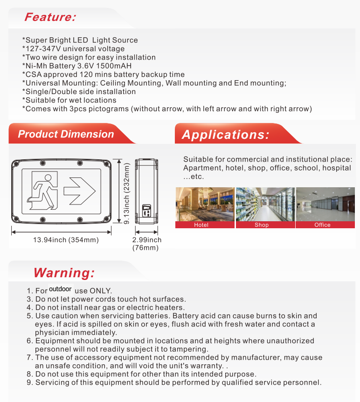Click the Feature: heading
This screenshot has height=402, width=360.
[x=50, y=17]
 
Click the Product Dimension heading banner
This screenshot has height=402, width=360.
[x=66, y=134]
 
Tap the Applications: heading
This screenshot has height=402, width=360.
[x=226, y=135]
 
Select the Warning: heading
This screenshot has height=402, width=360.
[x=64, y=273]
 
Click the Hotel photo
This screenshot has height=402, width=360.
[x=205, y=204]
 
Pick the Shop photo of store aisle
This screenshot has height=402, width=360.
[x=265, y=204]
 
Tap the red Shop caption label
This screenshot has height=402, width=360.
[x=262, y=225]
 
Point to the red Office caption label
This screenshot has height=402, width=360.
[x=322, y=225]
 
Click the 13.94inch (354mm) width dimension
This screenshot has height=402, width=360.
[x=66, y=240]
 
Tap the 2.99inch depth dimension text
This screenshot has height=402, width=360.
[x=146, y=240]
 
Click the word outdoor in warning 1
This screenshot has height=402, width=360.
[x=60, y=289]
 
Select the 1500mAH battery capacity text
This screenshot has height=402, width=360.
[x=115, y=66]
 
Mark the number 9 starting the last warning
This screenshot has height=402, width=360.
[x=29, y=383]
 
